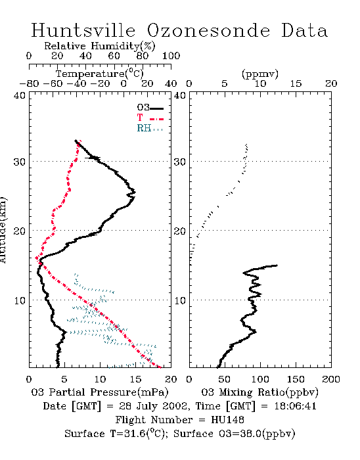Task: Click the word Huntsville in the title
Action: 83,30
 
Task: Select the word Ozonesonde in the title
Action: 208,30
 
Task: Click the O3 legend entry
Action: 150,107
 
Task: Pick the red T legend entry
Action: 150,118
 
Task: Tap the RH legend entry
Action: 150,128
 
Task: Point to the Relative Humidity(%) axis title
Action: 100,46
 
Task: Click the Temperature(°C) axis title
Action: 100,74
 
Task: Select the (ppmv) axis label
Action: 260,74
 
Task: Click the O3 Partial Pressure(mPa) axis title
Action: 100,392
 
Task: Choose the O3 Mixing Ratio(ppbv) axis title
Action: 260,392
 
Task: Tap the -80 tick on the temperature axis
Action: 29,84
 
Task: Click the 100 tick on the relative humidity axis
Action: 171,56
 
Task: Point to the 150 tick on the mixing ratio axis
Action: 296,379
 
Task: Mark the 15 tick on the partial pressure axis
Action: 135,379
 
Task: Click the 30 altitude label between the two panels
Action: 180,162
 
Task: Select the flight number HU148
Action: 227,420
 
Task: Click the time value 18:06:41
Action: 296,406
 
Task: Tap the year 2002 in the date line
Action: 175,406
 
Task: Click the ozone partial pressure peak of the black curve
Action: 135,193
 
